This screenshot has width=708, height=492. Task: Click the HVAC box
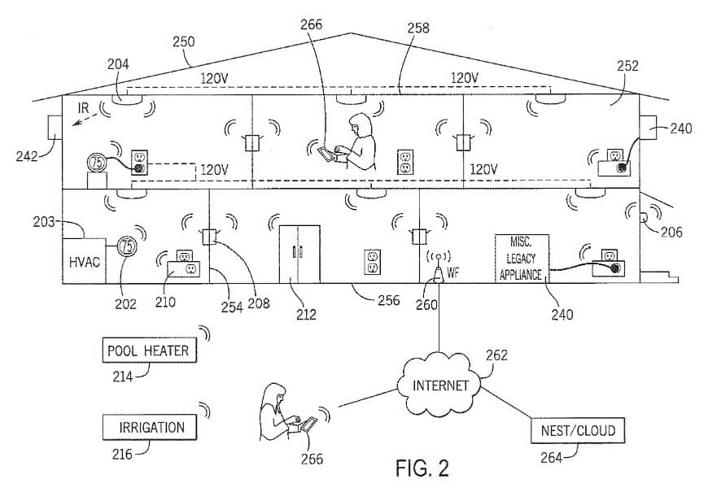83,260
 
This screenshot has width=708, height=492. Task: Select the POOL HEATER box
148,351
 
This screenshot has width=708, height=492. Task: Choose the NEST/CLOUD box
573,430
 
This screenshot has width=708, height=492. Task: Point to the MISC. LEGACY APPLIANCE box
521,258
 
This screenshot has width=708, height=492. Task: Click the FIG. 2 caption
422,469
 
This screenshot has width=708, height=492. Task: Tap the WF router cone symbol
438,274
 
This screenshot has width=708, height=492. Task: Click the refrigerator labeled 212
298,255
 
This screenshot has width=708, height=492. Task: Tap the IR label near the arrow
82,108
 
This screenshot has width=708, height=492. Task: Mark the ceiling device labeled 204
128,98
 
